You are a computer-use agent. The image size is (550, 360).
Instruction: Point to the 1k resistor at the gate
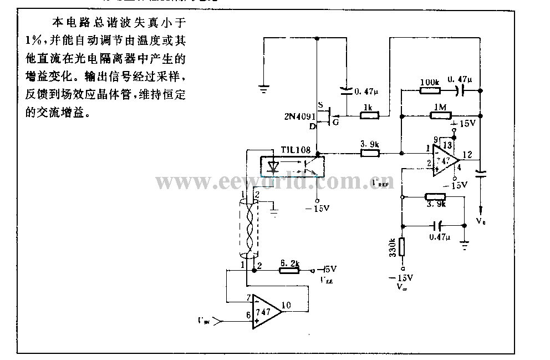(369, 115)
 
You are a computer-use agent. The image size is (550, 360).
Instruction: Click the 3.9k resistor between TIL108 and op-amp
(369, 152)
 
